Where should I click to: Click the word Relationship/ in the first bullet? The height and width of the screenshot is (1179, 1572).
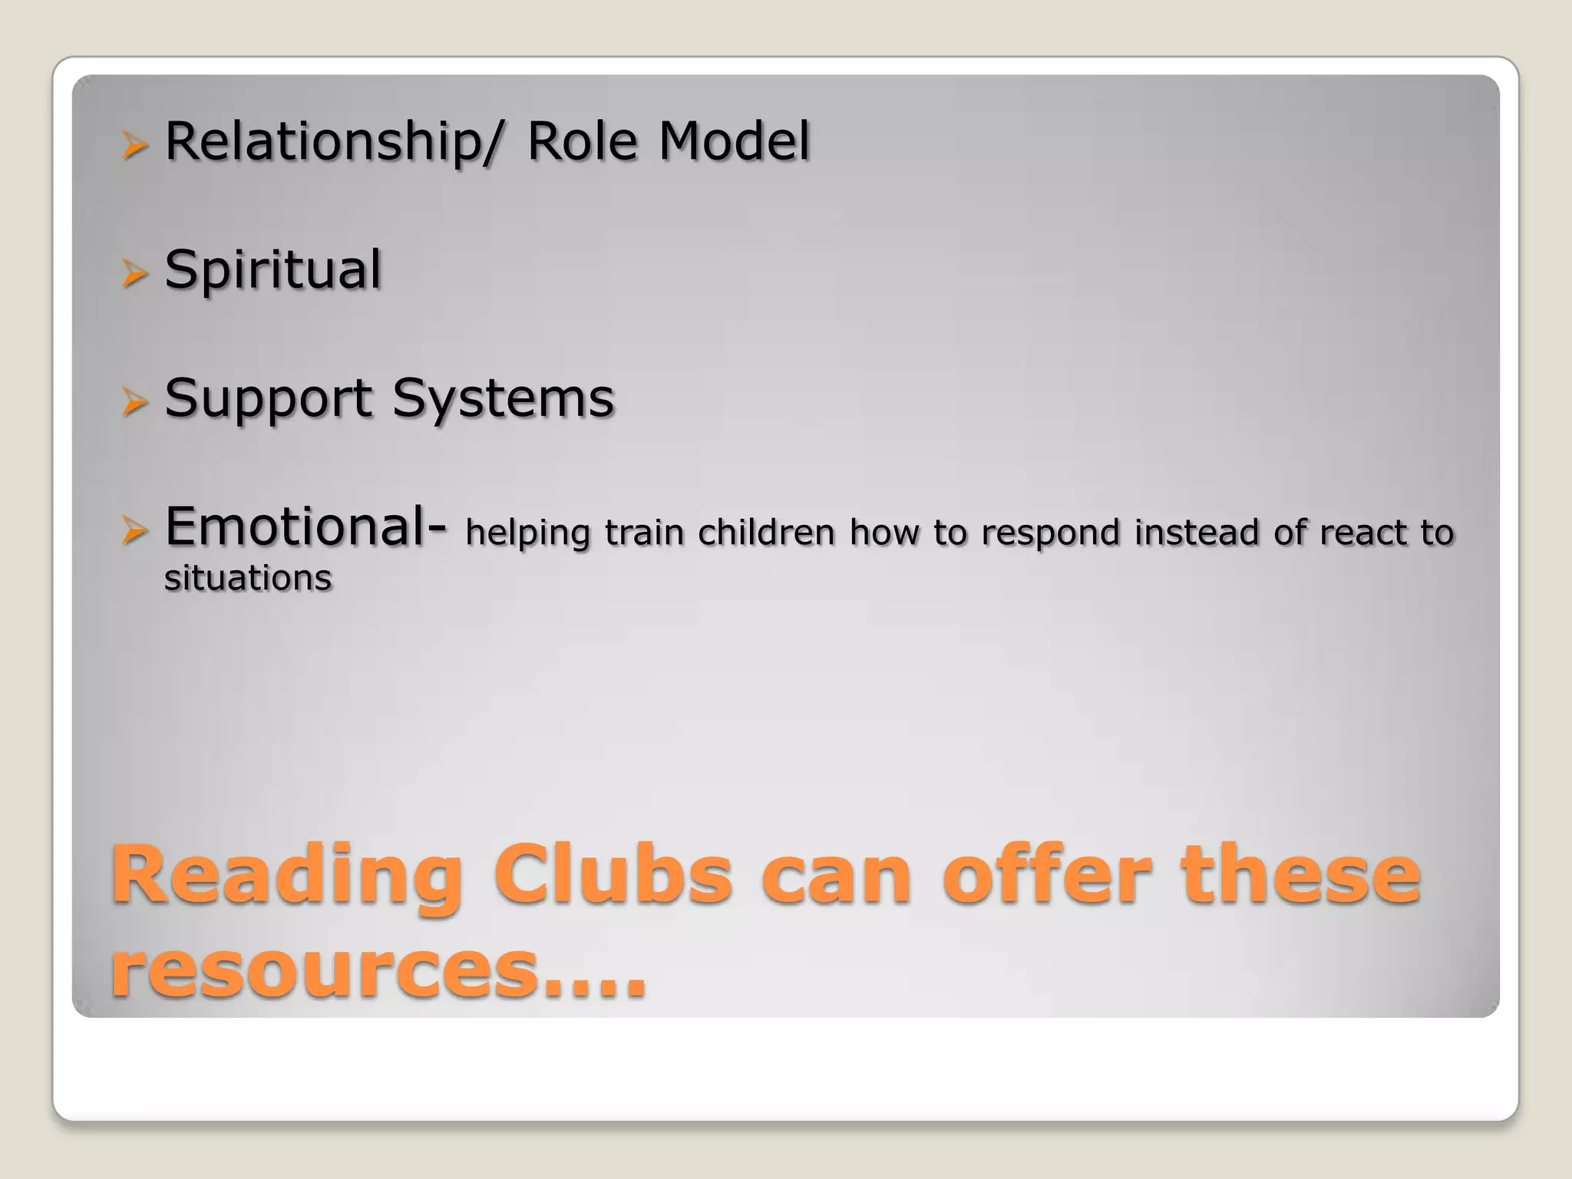point(335,142)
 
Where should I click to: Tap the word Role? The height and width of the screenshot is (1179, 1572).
point(582,142)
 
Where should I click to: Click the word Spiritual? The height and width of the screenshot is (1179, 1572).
point(272,270)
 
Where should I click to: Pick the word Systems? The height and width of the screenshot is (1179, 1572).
point(504,399)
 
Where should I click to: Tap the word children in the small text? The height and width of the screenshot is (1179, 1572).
point(765,532)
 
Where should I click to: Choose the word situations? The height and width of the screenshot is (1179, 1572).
point(248,578)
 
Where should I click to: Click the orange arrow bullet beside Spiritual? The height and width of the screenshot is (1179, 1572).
point(134,272)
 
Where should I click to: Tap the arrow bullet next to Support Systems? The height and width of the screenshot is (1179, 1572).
point(134,401)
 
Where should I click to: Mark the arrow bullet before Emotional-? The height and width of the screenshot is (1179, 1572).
point(134,530)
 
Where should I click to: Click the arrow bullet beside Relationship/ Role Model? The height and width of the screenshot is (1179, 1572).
point(134,144)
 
